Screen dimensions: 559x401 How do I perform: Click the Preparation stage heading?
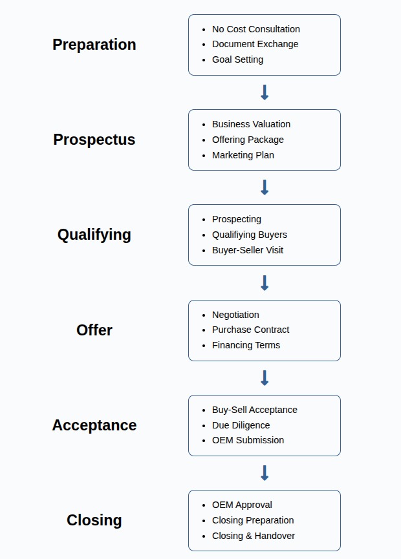[x=94, y=45]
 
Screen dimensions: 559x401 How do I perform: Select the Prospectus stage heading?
[x=94, y=140]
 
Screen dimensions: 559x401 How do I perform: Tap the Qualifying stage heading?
[x=94, y=235]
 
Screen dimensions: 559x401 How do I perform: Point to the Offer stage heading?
[x=94, y=330]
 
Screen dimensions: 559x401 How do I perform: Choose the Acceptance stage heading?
[x=94, y=425]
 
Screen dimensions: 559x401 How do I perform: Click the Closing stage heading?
[x=94, y=520]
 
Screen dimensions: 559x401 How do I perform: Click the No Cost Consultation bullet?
[x=256, y=29]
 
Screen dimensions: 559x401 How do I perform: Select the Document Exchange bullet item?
[x=255, y=44]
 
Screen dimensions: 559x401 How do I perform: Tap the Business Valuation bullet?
[x=252, y=124]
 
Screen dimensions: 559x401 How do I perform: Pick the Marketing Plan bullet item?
[x=243, y=155]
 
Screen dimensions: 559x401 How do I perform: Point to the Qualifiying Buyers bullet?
[x=250, y=235]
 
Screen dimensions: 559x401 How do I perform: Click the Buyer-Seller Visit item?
[x=248, y=250]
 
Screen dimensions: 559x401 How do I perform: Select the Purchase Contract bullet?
[x=251, y=330]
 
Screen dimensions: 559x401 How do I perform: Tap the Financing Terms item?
[x=246, y=345]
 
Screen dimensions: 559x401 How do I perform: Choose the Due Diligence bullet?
[x=241, y=425]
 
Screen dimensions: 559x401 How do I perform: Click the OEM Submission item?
[x=248, y=440]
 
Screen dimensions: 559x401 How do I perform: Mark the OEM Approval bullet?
[x=243, y=505]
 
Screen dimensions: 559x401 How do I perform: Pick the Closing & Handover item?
[x=254, y=536]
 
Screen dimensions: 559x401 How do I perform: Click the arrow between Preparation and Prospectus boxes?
[x=265, y=92]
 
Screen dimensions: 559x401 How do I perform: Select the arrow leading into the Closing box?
[x=265, y=473]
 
